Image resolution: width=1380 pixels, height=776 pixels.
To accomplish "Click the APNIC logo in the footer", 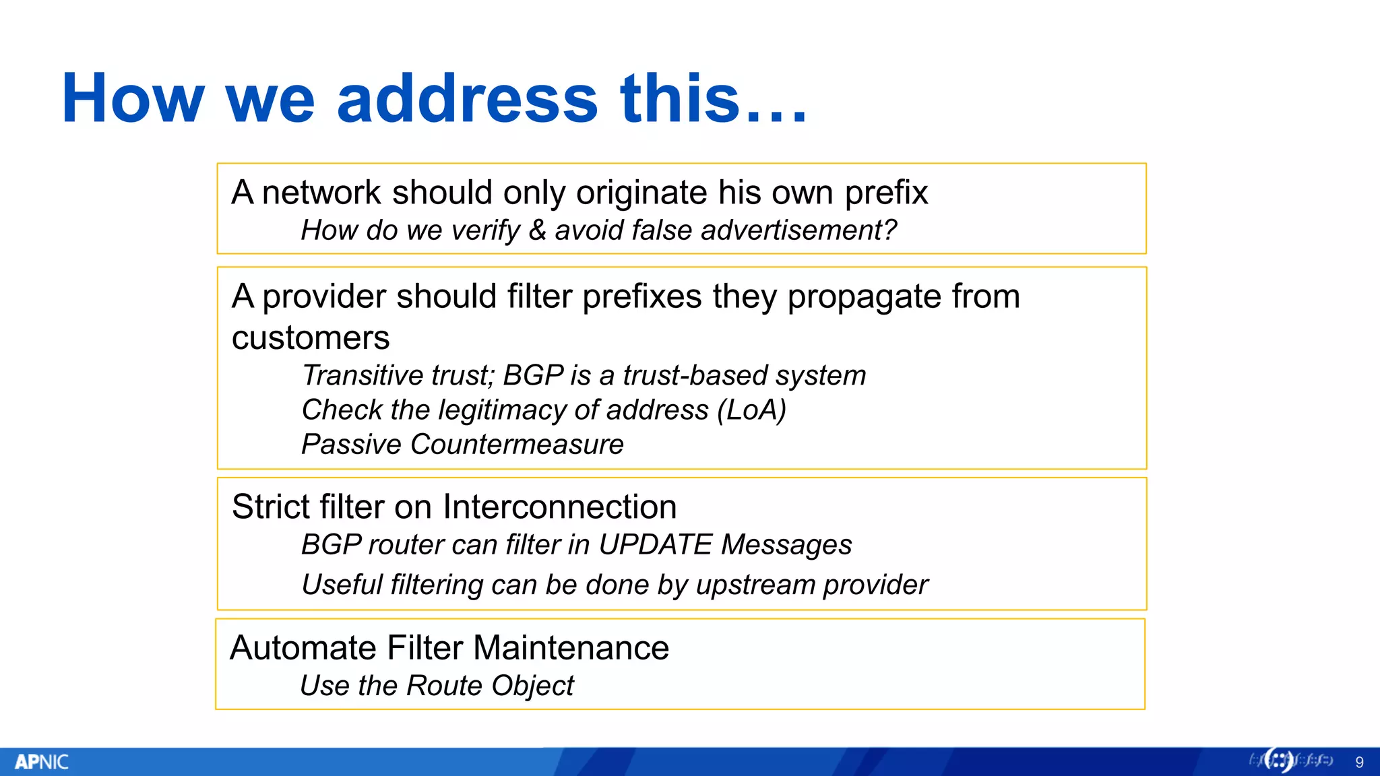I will (x=42, y=762).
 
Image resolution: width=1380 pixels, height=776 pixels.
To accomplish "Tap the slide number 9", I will (x=1359, y=763).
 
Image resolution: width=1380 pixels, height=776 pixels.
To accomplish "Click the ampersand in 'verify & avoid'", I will (x=537, y=230).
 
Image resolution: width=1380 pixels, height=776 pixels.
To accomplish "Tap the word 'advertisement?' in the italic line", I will (x=798, y=230).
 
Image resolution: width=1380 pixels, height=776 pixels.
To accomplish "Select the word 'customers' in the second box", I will (x=311, y=337).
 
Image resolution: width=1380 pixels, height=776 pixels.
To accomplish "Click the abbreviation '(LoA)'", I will (x=751, y=410).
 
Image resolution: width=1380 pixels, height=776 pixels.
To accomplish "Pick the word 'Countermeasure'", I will (x=517, y=445).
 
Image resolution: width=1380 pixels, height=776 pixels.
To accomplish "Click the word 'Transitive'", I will (x=364, y=375).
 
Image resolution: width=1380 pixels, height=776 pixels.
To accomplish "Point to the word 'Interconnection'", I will (x=560, y=507).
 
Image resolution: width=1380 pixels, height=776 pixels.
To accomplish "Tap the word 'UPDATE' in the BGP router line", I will (x=655, y=544).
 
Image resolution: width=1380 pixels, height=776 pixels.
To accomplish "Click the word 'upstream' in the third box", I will (x=755, y=585).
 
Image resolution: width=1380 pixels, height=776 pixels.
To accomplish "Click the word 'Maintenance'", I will (x=571, y=648).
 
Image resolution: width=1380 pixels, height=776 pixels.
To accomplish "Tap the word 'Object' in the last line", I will (x=532, y=686).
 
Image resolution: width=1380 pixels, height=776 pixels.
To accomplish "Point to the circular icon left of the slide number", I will (x=1278, y=761).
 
